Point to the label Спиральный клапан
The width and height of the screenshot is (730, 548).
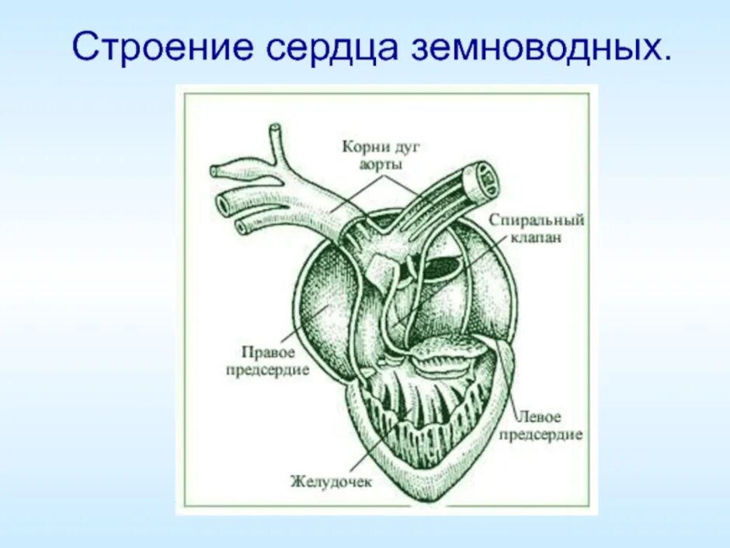click(537, 229)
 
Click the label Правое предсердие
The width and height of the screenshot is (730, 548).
click(268, 361)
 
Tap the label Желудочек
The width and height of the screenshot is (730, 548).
click(332, 481)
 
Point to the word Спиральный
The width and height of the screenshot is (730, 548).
click(537, 220)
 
